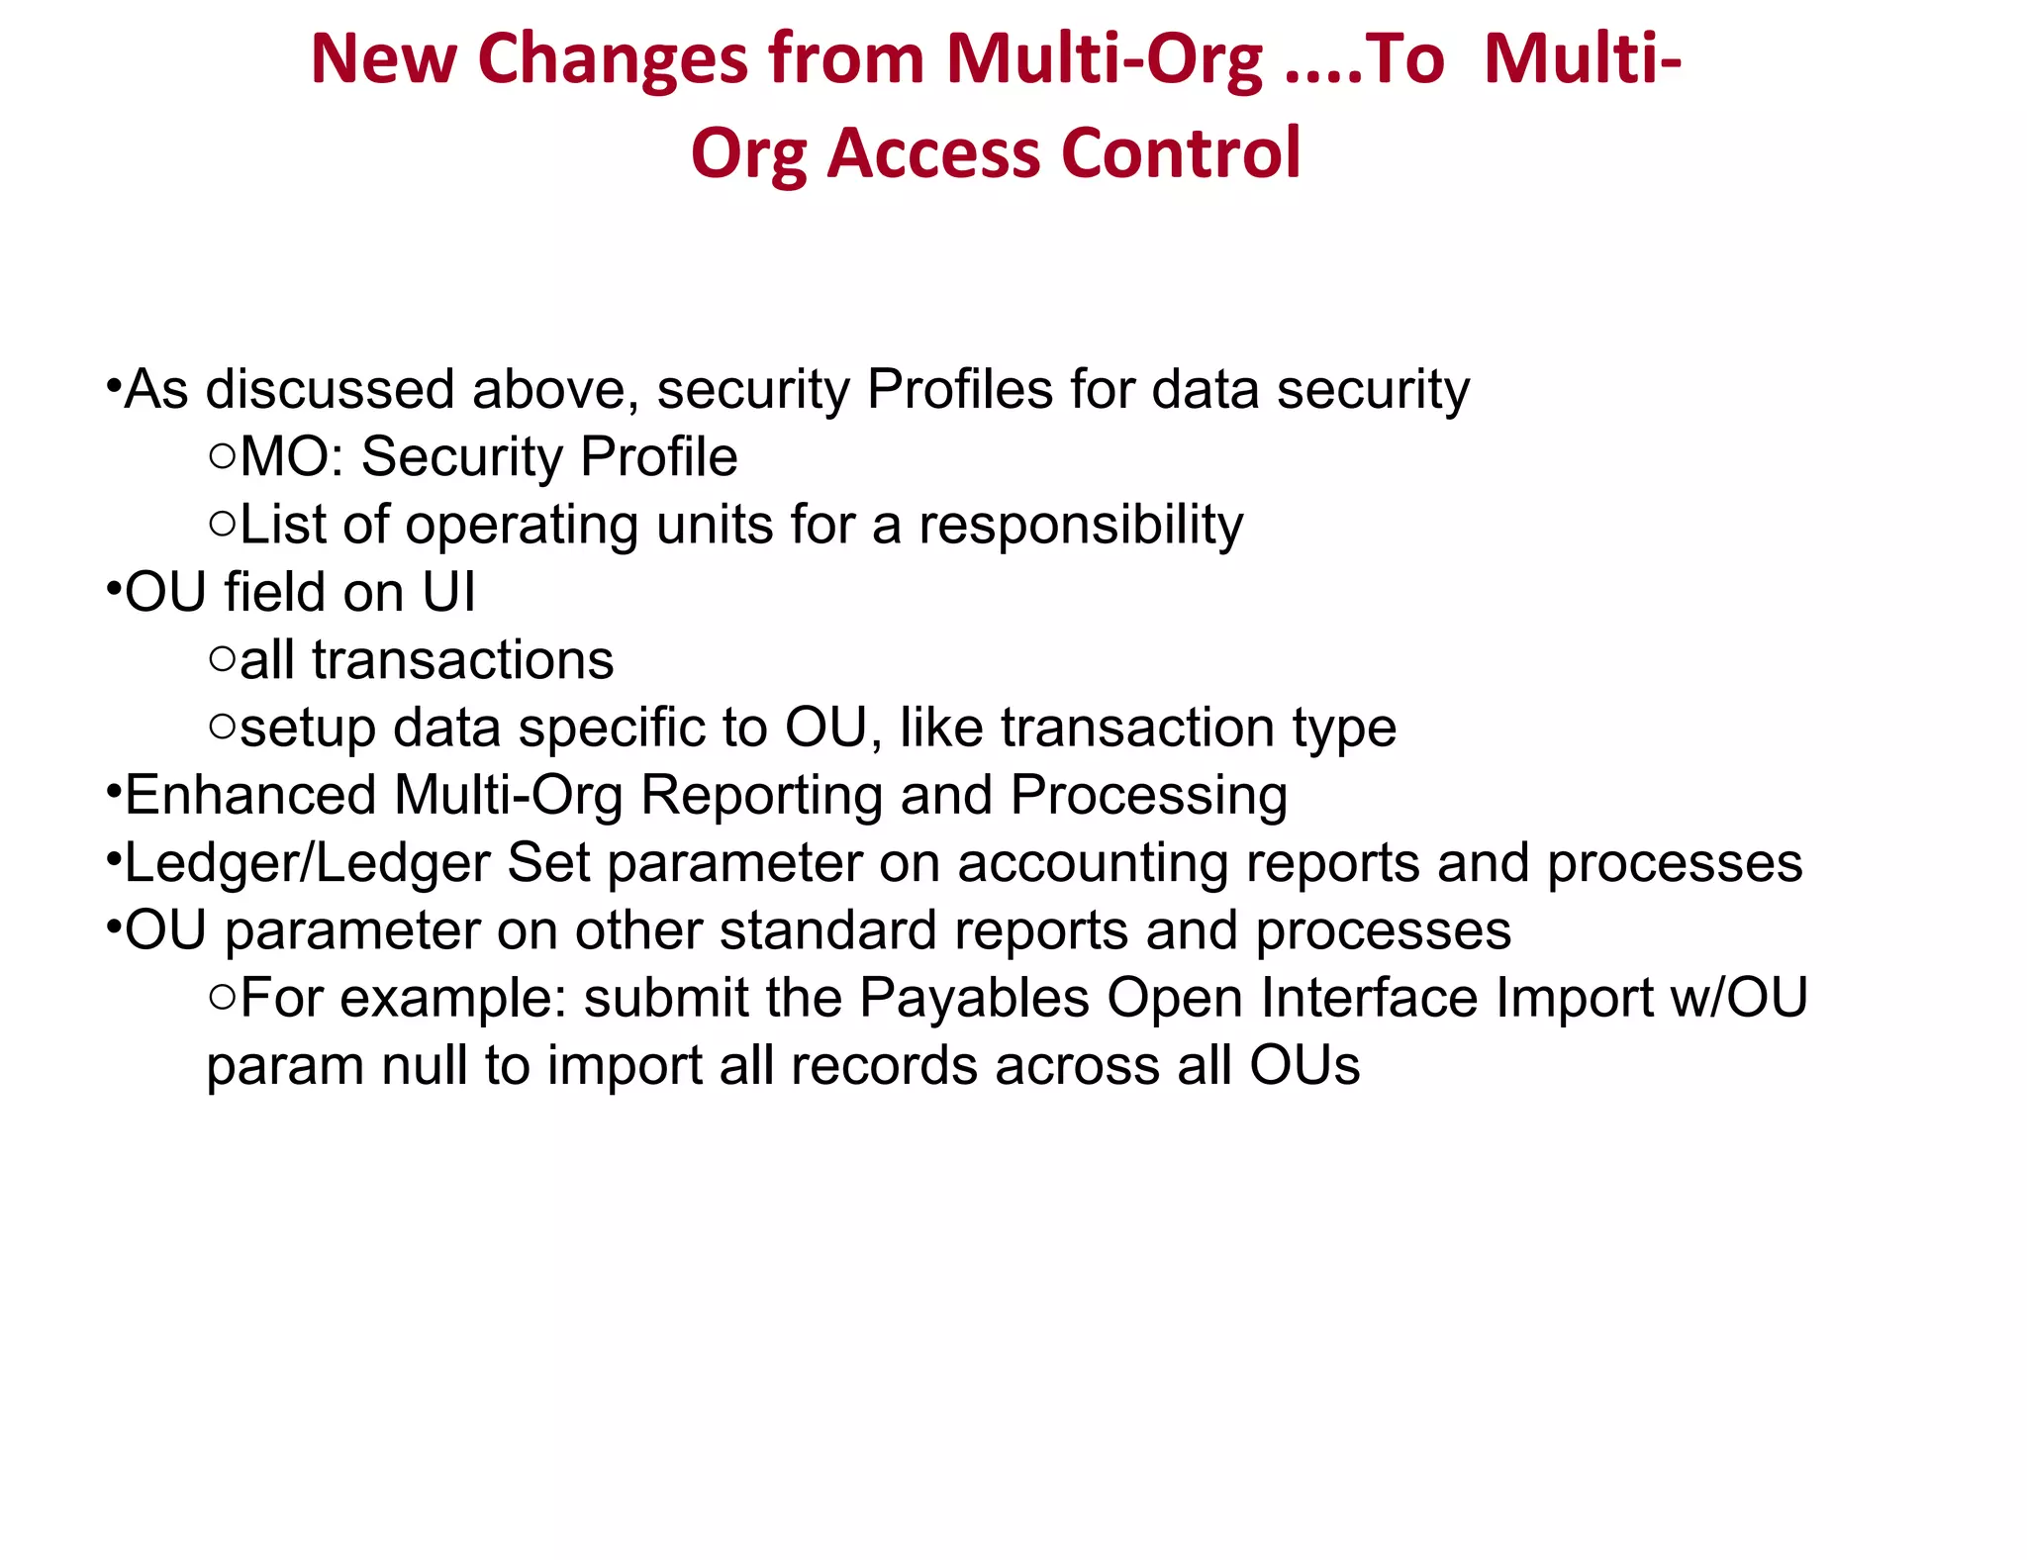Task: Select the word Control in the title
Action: tap(1180, 154)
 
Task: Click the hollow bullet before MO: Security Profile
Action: tap(223, 456)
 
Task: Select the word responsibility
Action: tap(1080, 525)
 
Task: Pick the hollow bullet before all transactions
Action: tap(223, 659)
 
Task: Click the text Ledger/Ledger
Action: tap(307, 863)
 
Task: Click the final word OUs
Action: tap(1303, 1066)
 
